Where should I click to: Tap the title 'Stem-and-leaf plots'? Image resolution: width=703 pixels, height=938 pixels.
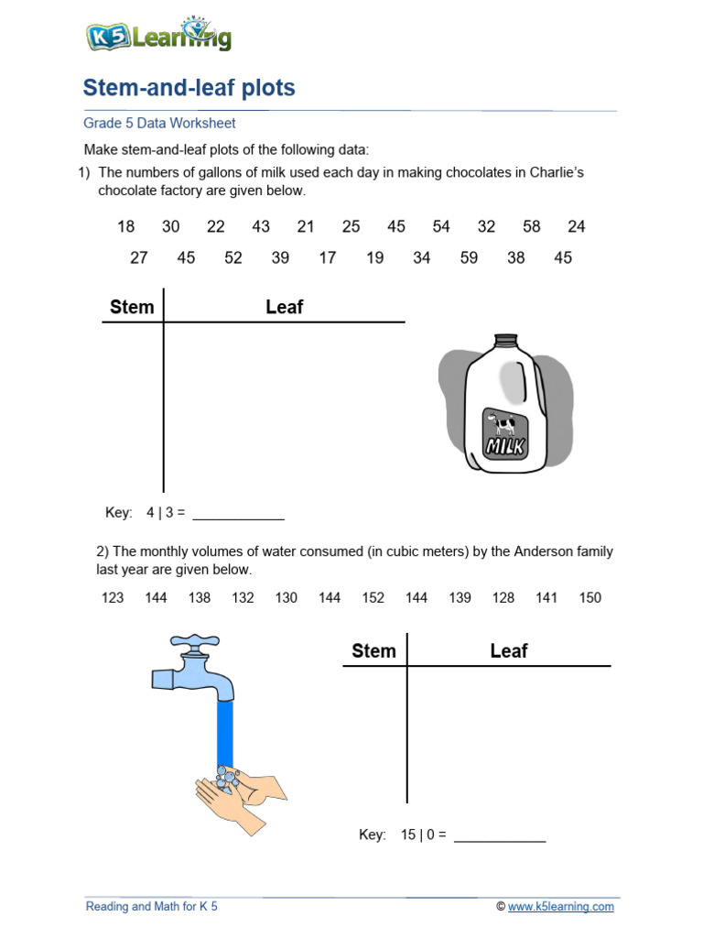[x=189, y=88]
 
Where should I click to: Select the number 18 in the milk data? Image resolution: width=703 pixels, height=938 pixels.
[x=126, y=226]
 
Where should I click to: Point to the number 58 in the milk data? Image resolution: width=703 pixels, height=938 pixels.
[x=532, y=226]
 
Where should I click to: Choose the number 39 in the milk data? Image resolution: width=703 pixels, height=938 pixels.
[x=280, y=258]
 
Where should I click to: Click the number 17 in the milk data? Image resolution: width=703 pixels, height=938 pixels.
[x=328, y=258]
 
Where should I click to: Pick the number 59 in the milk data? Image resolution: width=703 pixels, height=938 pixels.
[x=469, y=258]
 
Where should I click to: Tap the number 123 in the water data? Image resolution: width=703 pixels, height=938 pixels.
[x=113, y=598]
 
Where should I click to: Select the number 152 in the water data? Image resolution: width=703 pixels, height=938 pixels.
[x=373, y=598]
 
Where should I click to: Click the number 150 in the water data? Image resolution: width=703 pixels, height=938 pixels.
[x=590, y=598]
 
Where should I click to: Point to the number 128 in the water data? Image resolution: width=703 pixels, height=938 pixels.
[x=503, y=598]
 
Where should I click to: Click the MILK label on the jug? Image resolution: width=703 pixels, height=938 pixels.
[x=505, y=446]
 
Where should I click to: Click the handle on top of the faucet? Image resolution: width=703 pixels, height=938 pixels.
[x=196, y=640]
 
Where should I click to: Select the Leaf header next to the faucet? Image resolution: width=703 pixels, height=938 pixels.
[x=509, y=651]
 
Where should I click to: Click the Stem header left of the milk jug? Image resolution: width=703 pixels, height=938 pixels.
[x=132, y=307]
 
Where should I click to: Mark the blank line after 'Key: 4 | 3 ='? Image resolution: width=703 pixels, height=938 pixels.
[x=238, y=518]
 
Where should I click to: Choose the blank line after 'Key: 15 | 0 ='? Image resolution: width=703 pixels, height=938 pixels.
[x=500, y=840]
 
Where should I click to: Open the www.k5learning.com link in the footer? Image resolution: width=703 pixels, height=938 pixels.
[x=561, y=907]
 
